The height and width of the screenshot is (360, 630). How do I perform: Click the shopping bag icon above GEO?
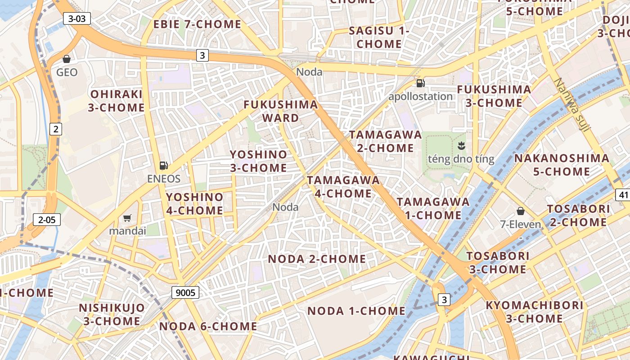(67, 59)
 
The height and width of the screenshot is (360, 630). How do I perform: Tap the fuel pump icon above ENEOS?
(164, 166)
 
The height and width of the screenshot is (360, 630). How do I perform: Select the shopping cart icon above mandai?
(127, 218)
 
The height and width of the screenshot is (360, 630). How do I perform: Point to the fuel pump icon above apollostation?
(421, 83)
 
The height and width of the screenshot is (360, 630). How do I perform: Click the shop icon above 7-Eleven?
(521, 211)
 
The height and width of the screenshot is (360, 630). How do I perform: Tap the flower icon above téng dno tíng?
(461, 145)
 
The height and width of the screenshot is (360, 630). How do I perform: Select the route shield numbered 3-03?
(77, 18)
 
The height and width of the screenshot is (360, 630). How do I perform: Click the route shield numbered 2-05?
(47, 220)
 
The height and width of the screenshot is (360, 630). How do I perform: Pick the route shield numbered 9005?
(185, 293)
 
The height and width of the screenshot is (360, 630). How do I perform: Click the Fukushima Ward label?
(281, 111)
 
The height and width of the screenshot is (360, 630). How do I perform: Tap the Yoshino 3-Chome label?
(258, 161)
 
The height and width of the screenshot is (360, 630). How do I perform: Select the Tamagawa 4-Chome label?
(343, 187)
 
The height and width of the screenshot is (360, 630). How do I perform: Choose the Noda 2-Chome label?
(317, 259)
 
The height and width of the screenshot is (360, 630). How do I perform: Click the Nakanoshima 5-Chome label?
(562, 165)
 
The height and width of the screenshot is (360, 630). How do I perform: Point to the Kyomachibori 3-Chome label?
(534, 312)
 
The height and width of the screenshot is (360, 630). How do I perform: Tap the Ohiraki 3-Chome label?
(117, 101)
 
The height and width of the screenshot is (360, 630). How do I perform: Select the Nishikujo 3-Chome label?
(112, 315)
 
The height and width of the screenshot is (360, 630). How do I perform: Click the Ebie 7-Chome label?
(198, 24)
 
